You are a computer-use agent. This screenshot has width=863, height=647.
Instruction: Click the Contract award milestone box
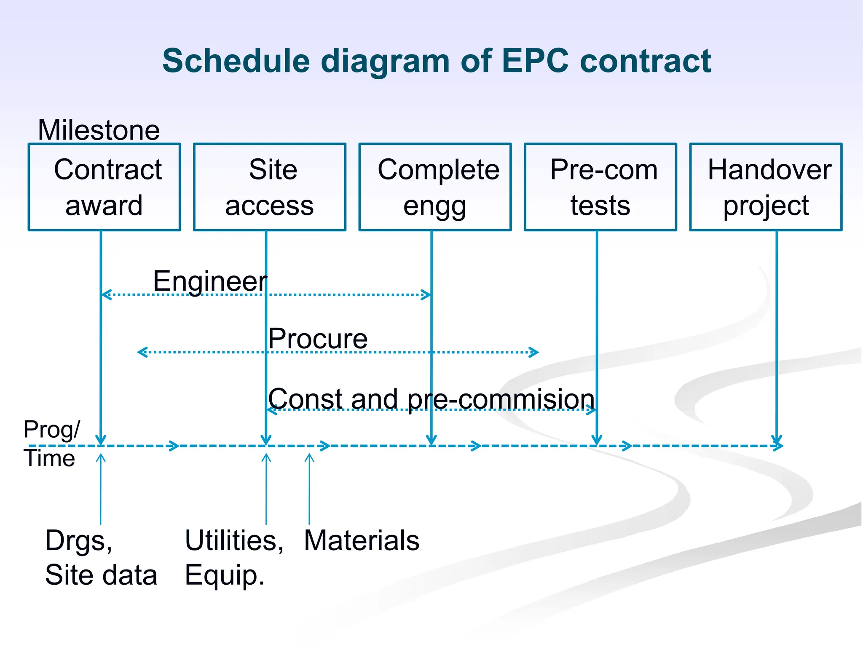coord(104,187)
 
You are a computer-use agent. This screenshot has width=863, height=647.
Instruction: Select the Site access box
coord(270,187)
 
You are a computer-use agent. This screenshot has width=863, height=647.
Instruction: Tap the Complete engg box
coord(435,187)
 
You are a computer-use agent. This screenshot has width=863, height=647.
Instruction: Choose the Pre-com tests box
coord(600,187)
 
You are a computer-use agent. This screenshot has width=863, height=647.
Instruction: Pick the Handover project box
coord(766,187)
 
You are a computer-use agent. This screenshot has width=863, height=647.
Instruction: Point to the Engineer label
coord(210,281)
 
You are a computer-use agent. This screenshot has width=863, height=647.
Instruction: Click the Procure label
coord(318,338)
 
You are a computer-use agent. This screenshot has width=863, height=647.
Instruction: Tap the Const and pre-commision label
coord(431,398)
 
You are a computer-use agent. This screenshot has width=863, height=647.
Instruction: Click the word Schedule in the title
coord(236,61)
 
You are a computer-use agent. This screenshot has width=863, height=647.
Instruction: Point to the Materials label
coord(362,540)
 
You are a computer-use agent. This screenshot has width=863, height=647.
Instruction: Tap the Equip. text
coord(225,575)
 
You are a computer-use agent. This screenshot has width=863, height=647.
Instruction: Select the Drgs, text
coord(78,540)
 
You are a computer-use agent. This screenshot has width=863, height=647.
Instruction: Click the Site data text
coord(101,575)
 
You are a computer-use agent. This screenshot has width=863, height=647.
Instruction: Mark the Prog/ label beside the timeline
coord(51,430)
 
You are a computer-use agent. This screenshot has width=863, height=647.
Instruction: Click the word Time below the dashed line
coord(49,458)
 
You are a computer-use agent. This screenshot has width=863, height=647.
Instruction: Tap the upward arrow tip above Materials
coord(309,456)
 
